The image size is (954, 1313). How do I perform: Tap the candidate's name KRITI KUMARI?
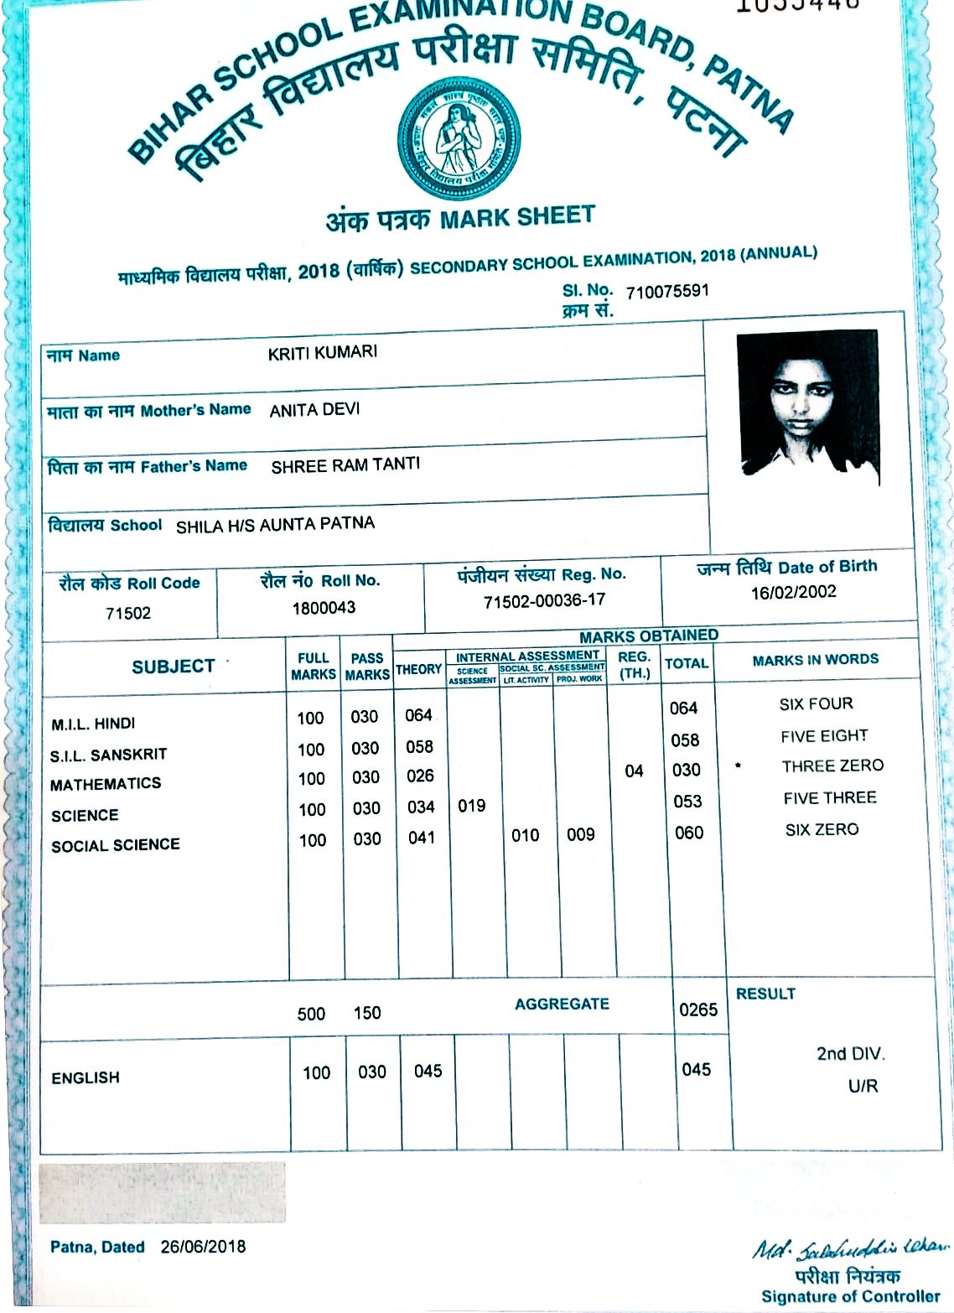pos(323,353)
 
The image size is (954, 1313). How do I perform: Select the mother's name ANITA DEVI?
pos(314,410)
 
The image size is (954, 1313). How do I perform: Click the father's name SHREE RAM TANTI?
pos(345,465)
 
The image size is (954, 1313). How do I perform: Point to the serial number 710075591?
pos(667,292)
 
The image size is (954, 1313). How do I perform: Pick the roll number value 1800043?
pos(324,608)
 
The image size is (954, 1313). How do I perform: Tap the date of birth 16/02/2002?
pos(793,593)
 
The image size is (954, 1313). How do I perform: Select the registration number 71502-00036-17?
pos(544,601)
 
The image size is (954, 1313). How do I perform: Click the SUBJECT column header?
pos(173,667)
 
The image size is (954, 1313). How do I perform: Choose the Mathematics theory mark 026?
pos(420,776)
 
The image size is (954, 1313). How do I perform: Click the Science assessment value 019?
pos(471,806)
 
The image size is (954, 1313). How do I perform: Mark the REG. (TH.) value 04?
pos(634,771)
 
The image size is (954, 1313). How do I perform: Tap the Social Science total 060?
pos(688,833)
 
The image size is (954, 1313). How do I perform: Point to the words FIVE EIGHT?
pos(824,736)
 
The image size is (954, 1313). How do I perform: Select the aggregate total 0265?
pos(697,1009)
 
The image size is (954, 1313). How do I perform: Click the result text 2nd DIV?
pos(850,1054)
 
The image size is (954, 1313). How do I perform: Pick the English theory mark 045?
pos(428,1071)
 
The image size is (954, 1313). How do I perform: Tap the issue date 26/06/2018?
pos(203,1247)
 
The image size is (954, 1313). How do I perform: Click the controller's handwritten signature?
pos(848,1252)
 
